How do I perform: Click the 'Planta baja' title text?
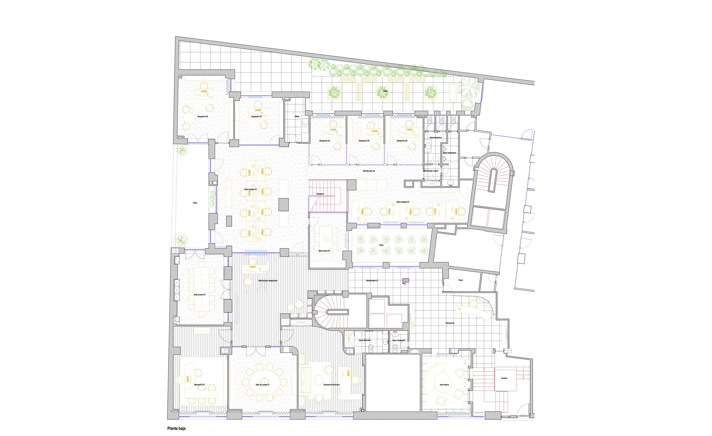click(x=176, y=428)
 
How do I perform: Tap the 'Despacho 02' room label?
click(x=202, y=116)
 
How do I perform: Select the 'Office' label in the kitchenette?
click(x=297, y=116)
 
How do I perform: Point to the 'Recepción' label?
click(x=450, y=323)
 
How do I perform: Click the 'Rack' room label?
click(x=461, y=280)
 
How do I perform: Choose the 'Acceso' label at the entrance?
click(x=504, y=378)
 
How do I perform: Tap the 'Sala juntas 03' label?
click(x=324, y=251)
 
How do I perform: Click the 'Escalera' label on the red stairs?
click(x=320, y=194)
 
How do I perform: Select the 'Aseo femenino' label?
click(x=436, y=138)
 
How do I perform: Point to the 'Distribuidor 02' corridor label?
click(x=369, y=171)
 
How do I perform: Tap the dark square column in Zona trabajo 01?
click(x=284, y=204)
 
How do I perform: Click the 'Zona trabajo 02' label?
click(x=403, y=202)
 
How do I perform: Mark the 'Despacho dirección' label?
click(x=332, y=385)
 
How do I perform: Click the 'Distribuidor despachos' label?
click(x=268, y=281)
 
